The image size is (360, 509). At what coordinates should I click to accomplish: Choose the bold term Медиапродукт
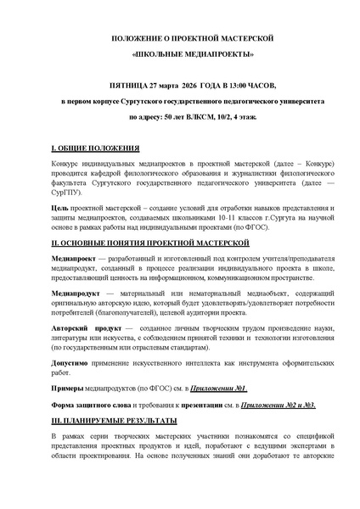point(75,292)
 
